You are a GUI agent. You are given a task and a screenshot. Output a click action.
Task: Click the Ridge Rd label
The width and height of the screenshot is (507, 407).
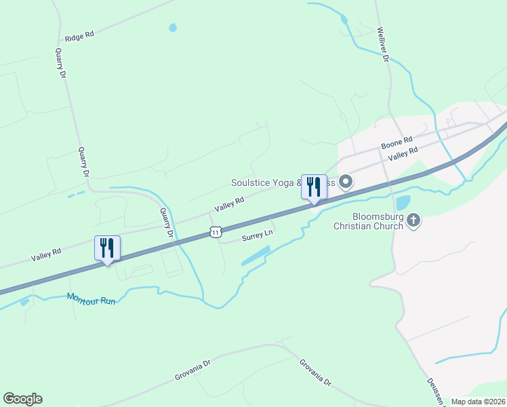coord(79,36)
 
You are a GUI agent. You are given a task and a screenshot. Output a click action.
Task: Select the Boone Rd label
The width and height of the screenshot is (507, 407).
coord(397,143)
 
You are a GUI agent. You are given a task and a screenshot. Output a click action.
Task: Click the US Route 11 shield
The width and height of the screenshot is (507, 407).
coord(215,232)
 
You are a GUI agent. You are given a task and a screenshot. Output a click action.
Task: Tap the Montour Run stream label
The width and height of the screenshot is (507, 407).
coord(91,298)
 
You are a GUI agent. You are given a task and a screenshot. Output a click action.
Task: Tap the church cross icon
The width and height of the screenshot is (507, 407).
coord(413,220)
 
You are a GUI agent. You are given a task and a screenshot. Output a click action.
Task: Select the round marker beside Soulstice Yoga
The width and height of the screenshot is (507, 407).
coord(346,181)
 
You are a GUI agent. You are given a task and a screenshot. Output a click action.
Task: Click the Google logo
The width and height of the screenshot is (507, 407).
coord(22,399)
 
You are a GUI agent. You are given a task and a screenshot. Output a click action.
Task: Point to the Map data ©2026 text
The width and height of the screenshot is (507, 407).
coord(478,402)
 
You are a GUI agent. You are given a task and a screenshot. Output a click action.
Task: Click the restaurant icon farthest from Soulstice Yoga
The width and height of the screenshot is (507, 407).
coord(107,248)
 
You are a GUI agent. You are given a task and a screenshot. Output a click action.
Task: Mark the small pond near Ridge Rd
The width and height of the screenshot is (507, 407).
coord(173,28)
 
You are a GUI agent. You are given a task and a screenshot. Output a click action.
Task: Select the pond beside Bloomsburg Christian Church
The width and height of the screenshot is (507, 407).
coord(403,202)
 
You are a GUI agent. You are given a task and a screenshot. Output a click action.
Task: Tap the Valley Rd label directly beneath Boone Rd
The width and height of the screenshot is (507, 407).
coord(402,155)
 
